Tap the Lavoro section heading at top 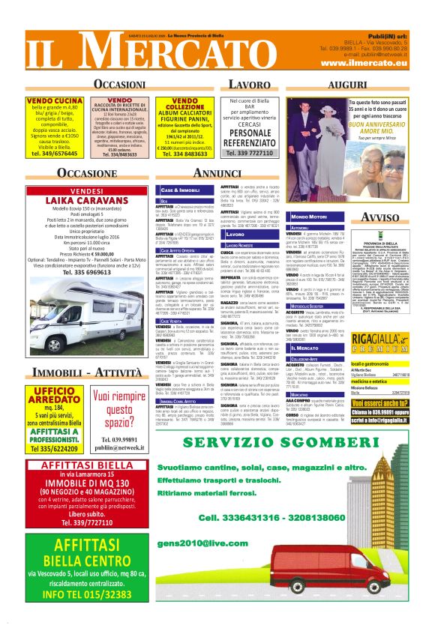point(248,84)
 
